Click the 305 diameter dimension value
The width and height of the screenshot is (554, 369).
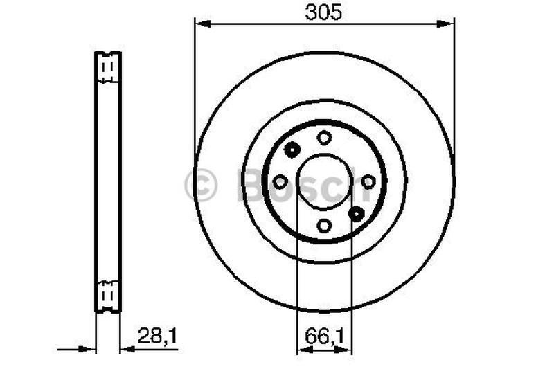(x=324, y=11)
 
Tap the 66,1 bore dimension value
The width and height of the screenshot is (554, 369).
(x=324, y=336)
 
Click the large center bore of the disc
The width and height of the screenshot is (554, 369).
(x=324, y=181)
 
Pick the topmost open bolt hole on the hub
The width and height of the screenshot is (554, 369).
(x=324, y=138)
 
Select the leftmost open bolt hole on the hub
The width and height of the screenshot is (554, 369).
(x=280, y=181)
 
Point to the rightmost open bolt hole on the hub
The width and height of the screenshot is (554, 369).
(x=368, y=181)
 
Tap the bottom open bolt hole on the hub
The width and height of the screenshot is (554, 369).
(x=324, y=225)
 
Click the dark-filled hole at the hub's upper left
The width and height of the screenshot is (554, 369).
(x=292, y=149)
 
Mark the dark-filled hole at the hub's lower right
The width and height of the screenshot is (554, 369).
(x=357, y=213)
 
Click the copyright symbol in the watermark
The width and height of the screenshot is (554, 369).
(x=201, y=186)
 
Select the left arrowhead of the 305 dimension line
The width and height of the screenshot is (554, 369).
(x=201, y=24)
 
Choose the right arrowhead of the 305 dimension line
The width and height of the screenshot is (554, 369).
(x=449, y=24)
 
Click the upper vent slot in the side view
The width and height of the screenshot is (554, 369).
(x=107, y=70)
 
